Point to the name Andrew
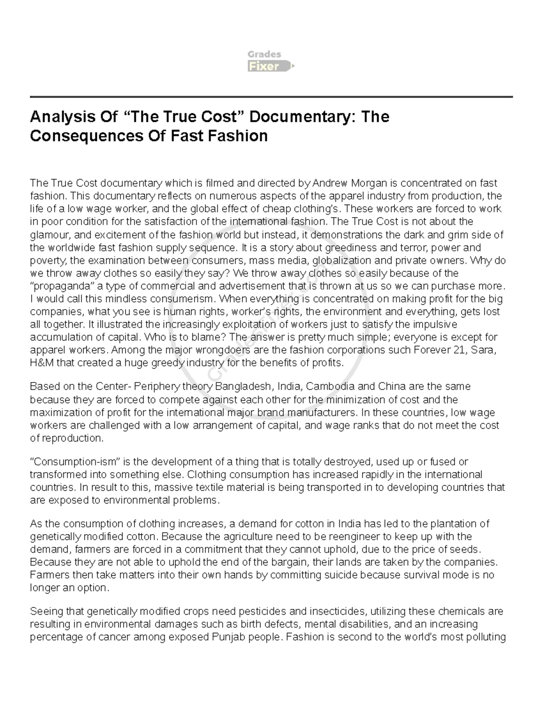(x=331, y=183)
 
